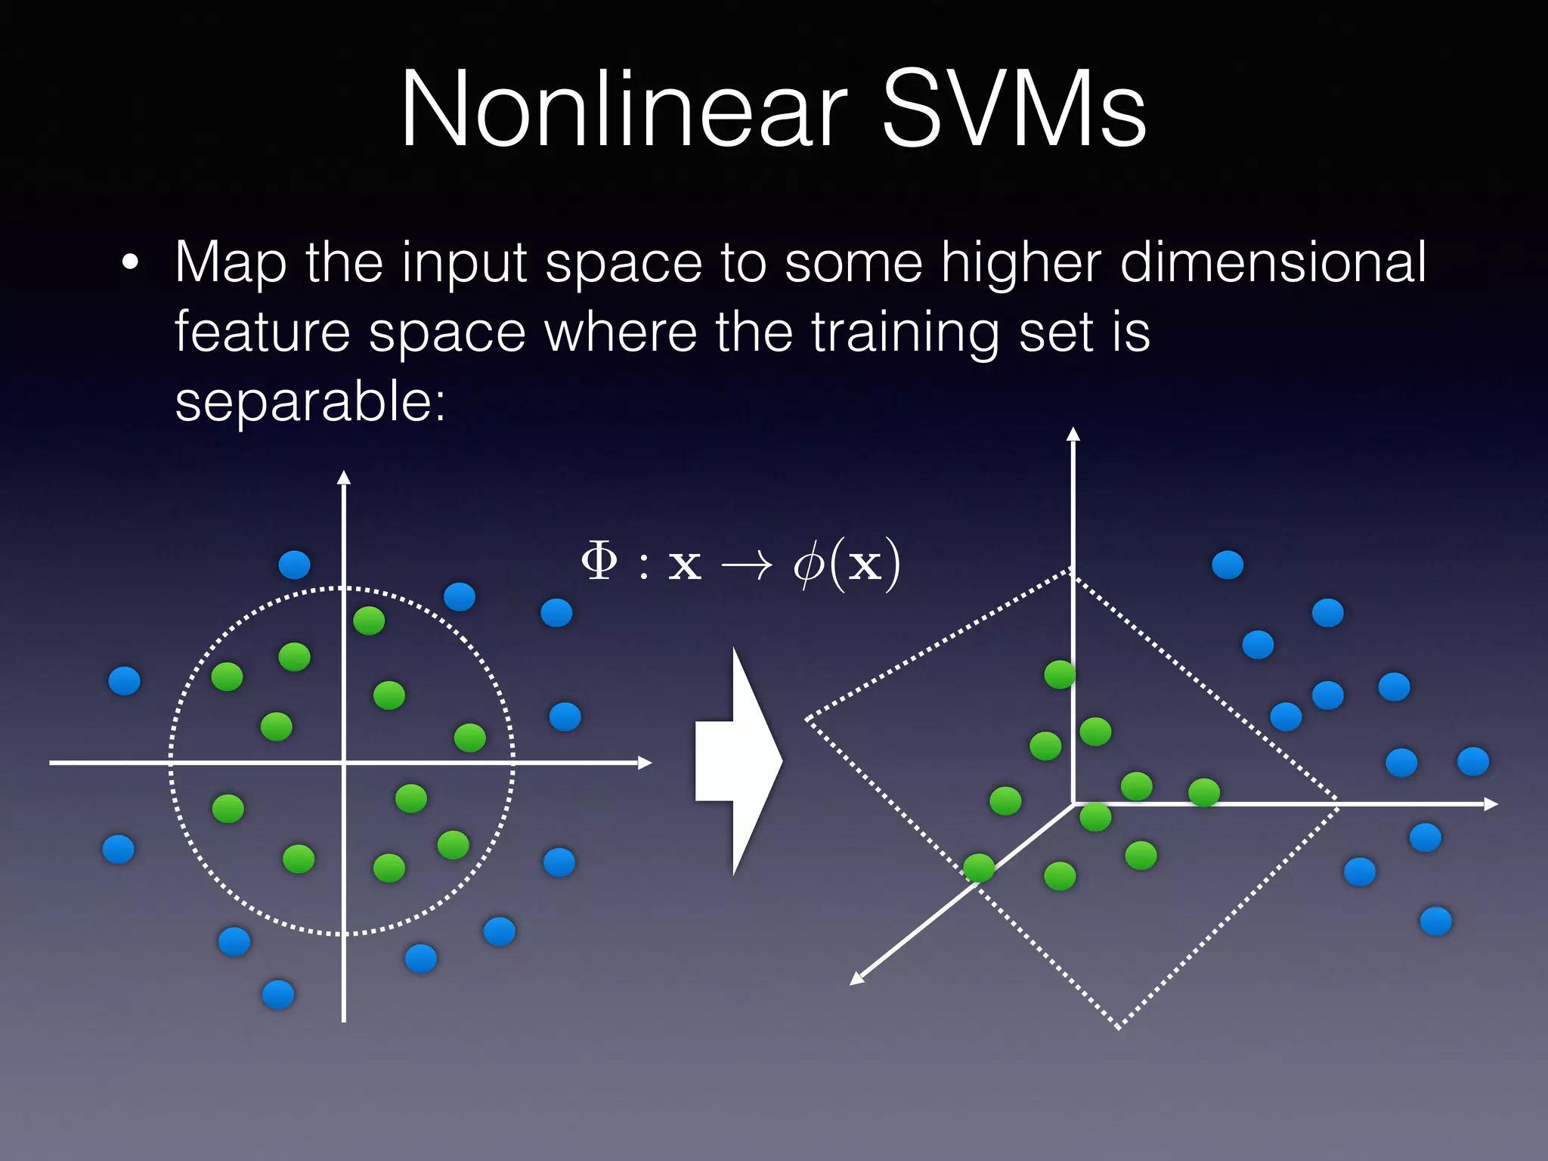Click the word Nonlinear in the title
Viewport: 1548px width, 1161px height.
click(x=623, y=110)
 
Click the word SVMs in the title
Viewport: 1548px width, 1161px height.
click(x=1013, y=110)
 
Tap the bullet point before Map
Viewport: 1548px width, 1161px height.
click(x=130, y=263)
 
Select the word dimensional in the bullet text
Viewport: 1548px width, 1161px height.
click(x=1273, y=263)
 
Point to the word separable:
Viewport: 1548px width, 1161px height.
click(x=311, y=402)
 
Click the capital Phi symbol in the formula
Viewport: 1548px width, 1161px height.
click(x=599, y=562)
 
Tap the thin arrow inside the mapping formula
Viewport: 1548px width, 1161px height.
click(x=747, y=564)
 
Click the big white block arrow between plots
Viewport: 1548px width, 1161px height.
click(x=738, y=761)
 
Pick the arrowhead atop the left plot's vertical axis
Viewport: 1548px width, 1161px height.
click(x=344, y=477)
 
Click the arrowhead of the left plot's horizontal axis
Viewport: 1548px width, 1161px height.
click(x=645, y=763)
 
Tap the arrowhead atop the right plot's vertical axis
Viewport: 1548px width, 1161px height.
click(x=1073, y=434)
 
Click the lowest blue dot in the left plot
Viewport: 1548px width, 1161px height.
click(x=278, y=994)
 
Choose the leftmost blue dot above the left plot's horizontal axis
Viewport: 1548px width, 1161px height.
click(x=125, y=680)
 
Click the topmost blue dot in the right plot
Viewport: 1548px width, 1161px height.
click(x=1228, y=565)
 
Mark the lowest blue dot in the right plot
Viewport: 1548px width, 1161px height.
click(x=1436, y=921)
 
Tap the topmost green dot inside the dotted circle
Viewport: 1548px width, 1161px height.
click(x=369, y=621)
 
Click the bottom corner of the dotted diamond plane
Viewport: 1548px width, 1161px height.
click(x=1119, y=1026)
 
